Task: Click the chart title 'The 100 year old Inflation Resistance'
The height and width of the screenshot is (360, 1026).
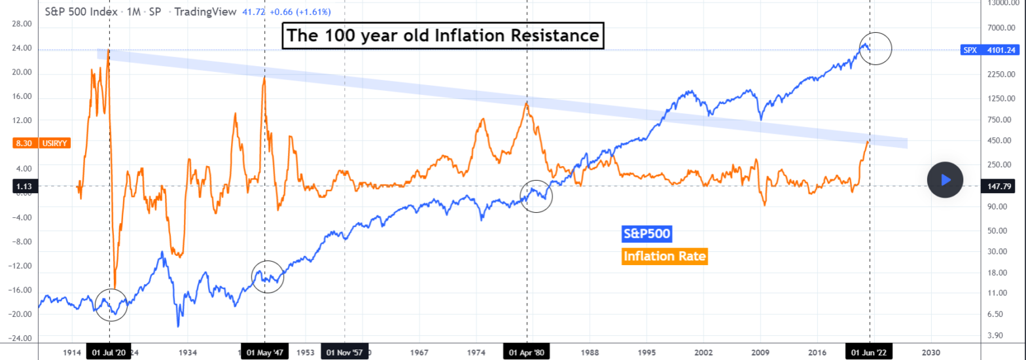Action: click(443, 35)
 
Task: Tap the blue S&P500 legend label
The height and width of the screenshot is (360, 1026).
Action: click(646, 234)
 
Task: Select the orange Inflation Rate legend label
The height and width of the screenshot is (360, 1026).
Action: click(665, 257)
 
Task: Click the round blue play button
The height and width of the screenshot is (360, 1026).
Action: click(945, 179)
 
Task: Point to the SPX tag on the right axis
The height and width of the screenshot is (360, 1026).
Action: click(969, 50)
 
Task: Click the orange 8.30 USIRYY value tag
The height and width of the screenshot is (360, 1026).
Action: click(37, 143)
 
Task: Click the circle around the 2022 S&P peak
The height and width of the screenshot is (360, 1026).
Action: click(876, 48)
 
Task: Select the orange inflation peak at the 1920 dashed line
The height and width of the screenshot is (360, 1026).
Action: click(108, 51)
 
